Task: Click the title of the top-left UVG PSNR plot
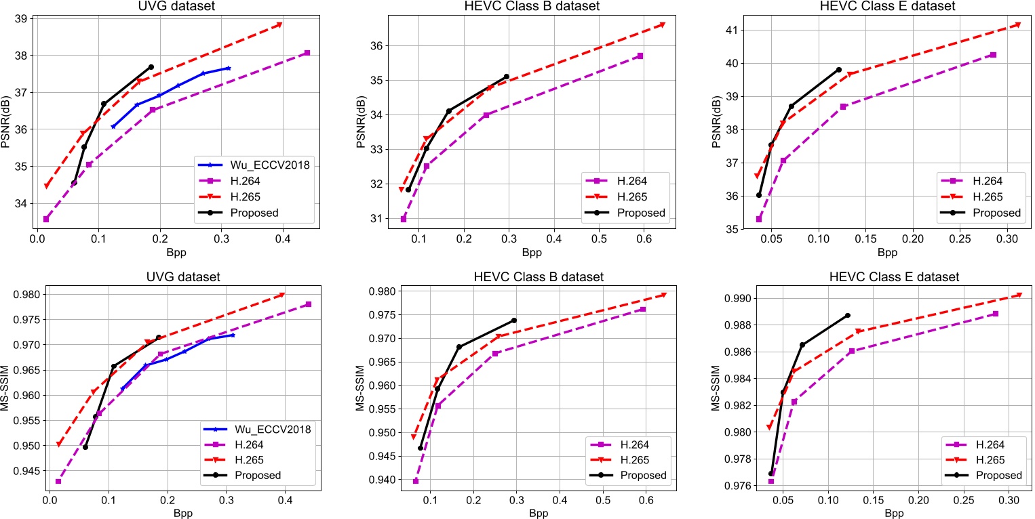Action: [x=172, y=7]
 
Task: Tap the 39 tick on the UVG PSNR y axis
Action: [x=24, y=18]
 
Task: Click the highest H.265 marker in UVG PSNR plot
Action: [x=279, y=25]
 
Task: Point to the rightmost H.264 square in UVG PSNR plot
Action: [x=307, y=53]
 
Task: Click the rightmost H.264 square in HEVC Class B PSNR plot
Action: [x=640, y=56]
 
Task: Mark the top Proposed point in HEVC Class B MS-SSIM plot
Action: [x=513, y=320]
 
